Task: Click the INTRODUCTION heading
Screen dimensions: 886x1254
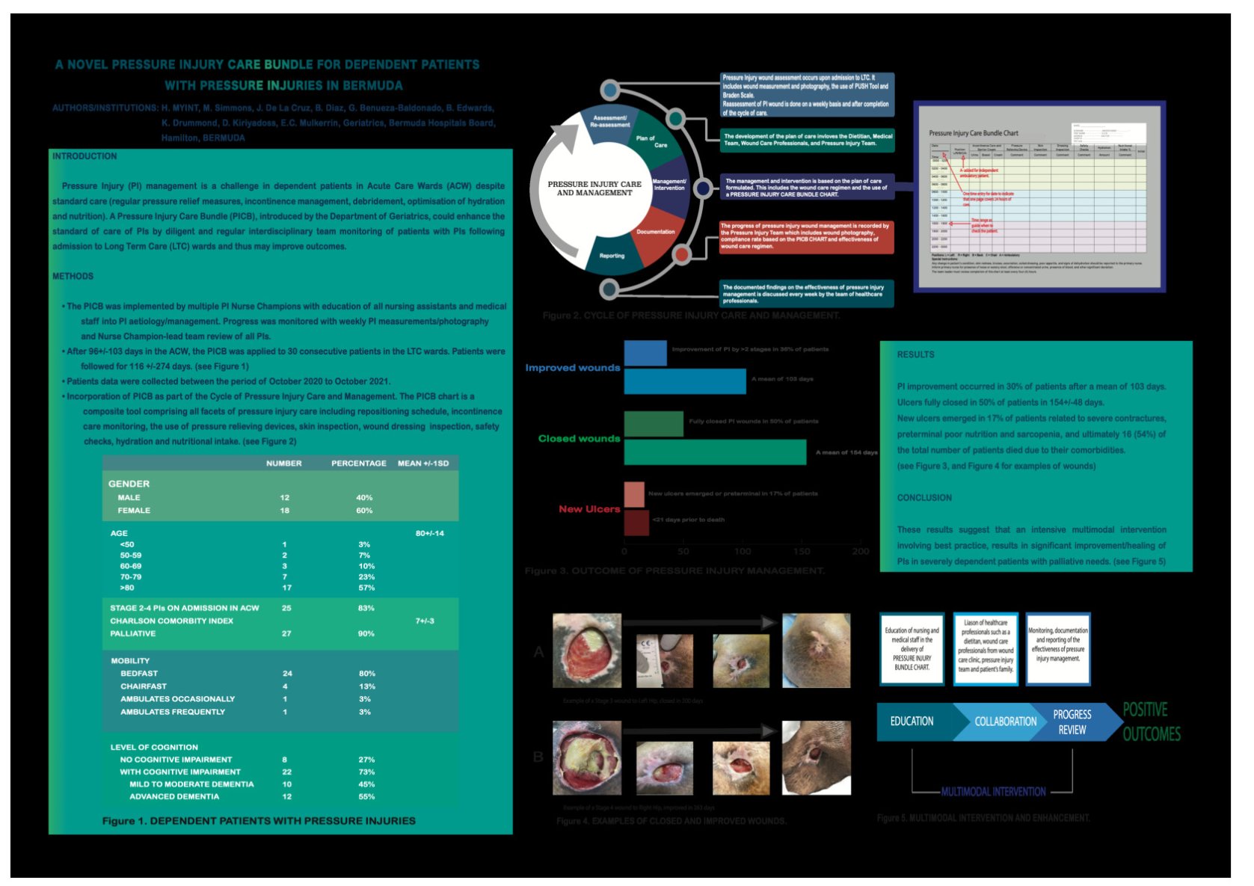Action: (84, 156)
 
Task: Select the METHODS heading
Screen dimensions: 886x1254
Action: (73, 276)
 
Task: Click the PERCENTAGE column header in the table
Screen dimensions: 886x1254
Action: (359, 464)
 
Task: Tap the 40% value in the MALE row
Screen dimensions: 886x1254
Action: (364, 497)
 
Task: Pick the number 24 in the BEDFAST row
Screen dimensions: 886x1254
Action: (287, 674)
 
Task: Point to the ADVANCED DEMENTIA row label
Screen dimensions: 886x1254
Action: (174, 796)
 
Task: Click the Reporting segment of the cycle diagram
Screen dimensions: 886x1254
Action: (612, 256)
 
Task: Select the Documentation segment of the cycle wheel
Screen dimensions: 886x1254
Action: (655, 232)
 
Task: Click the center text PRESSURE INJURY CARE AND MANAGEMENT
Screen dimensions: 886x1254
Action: (594, 188)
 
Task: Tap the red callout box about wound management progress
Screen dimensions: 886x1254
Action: (806, 236)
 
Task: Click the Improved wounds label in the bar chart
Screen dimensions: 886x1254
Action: (572, 368)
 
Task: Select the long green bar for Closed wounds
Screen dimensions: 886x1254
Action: (715, 452)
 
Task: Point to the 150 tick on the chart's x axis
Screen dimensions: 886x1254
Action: (802, 551)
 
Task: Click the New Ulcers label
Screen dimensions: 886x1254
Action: (589, 509)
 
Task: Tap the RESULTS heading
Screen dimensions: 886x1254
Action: (915, 354)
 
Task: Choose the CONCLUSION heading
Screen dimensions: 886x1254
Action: (924, 498)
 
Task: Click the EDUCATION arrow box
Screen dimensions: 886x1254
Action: (912, 722)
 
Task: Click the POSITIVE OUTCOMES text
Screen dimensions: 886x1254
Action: (1151, 722)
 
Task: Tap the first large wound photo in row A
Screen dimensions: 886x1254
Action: (587, 650)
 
